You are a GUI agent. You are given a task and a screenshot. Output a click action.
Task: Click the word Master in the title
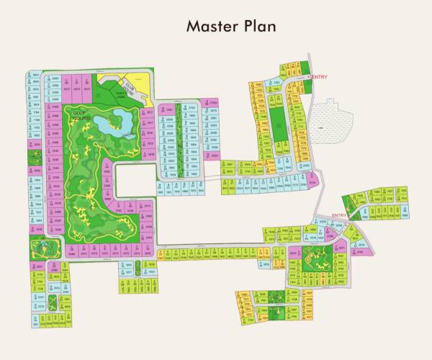207,26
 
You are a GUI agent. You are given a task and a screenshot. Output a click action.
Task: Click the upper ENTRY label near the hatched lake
318,76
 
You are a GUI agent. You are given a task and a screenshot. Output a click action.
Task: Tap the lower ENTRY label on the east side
339,215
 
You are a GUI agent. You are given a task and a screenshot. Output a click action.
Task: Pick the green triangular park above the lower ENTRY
353,202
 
